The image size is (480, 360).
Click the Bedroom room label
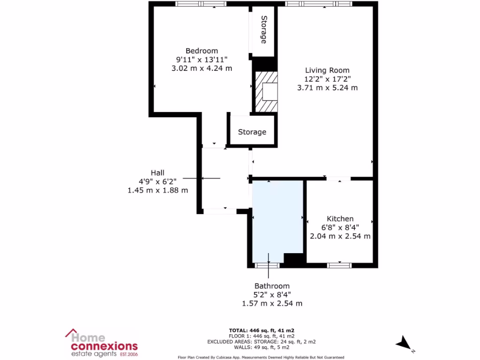[202, 51]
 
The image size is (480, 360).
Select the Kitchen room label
[340, 218]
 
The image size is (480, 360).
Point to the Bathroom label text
[272, 286]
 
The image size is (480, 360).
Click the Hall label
[157, 172]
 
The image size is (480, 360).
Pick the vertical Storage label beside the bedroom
[264, 30]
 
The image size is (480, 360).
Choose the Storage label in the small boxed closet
[252, 132]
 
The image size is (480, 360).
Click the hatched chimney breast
[266, 91]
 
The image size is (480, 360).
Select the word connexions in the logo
[104, 346]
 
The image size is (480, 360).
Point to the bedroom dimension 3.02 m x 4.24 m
[202, 68]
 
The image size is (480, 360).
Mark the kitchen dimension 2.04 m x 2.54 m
[340, 236]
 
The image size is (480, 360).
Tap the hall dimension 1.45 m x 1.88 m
[157, 190]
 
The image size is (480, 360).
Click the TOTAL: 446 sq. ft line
[261, 330]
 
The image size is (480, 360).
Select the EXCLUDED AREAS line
[261, 342]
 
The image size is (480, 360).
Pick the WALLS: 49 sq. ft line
[261, 347]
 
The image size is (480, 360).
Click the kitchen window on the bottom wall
[339, 265]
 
